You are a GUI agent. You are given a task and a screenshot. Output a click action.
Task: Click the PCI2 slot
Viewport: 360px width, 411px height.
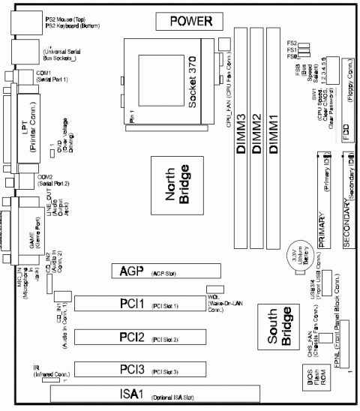pos(150,335)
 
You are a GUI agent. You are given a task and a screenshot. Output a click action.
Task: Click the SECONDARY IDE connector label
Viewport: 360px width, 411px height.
pos(347,226)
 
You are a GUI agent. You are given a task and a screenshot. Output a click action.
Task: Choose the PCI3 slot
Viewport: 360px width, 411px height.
pos(150,367)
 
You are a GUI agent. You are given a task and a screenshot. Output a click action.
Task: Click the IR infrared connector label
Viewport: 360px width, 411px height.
pos(36,367)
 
